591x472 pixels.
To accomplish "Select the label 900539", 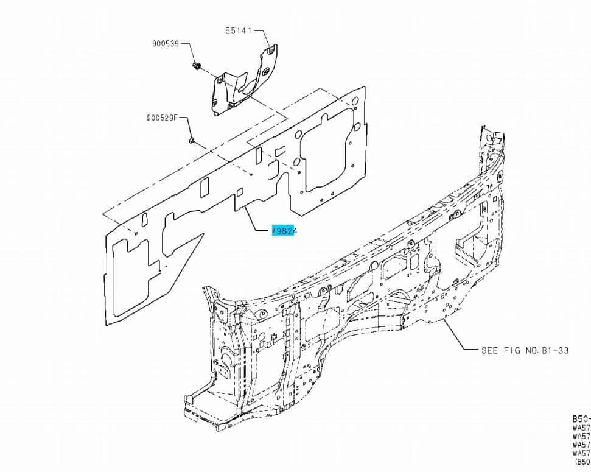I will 166,44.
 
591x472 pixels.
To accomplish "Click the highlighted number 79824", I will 284,231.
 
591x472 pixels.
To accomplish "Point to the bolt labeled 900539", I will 196,65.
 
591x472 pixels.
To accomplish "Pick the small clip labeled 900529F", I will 191,141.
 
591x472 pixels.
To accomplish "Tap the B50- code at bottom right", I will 580,419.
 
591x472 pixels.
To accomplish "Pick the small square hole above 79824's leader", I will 240,192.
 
